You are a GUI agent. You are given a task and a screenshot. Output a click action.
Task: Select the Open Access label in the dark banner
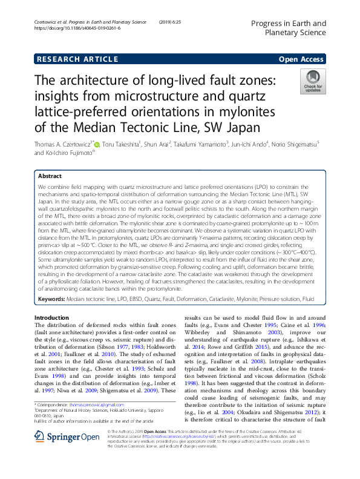301,59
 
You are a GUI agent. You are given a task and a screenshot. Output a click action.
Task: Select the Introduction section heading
52,317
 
